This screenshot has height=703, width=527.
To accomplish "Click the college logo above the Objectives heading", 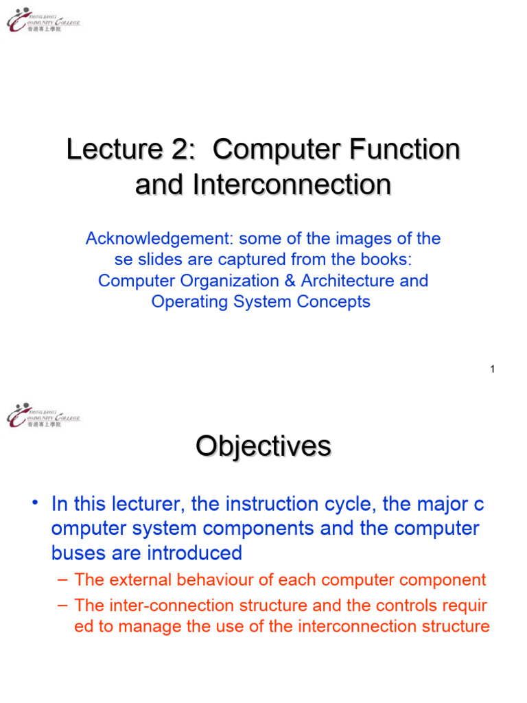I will (43, 415).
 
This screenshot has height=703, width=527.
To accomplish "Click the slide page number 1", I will (492, 369).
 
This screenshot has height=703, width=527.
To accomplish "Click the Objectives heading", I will (263, 447).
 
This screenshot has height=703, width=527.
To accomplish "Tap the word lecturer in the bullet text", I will (150, 505).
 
